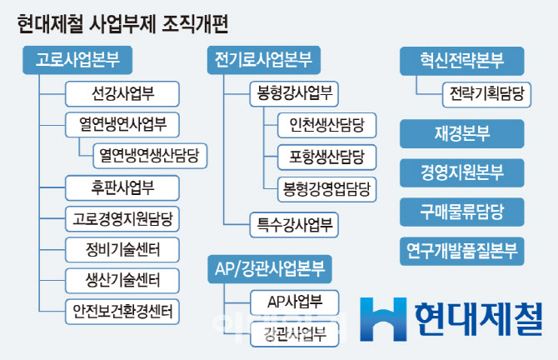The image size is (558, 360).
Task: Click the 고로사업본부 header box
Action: click(x=77, y=60)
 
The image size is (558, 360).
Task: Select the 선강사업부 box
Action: click(x=122, y=93)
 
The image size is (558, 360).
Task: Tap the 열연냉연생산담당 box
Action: click(x=150, y=156)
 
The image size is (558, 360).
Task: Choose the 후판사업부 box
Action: click(x=122, y=187)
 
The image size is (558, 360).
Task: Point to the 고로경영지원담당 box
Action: click(x=122, y=219)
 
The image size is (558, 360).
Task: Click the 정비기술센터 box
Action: click(x=122, y=250)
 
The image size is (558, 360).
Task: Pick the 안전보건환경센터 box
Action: click(x=122, y=312)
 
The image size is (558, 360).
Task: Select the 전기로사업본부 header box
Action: click(x=264, y=60)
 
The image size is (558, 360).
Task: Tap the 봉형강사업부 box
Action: click(x=294, y=93)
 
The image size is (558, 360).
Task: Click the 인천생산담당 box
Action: click(x=326, y=125)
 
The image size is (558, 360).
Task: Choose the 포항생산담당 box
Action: click(x=326, y=157)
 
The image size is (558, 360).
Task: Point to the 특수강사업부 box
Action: click(x=294, y=225)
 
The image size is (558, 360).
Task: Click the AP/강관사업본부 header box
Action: click(x=270, y=269)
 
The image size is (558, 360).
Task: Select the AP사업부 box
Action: click(x=294, y=302)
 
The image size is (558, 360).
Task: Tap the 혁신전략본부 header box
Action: click(x=462, y=61)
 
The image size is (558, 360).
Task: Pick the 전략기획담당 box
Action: click(x=486, y=94)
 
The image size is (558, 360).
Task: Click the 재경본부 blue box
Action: click(x=462, y=133)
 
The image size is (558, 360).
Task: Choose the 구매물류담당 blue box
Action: click(x=462, y=212)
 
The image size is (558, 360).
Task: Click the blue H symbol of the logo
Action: click(x=383, y=319)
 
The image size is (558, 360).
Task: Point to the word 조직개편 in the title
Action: click(x=195, y=24)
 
